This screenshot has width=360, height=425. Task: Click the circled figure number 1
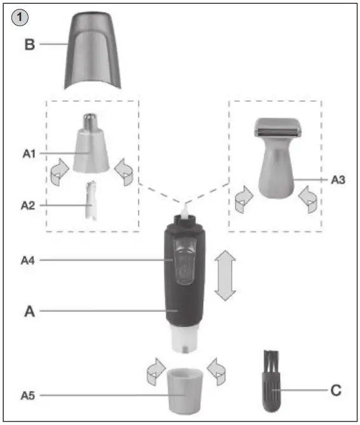[x=19, y=19]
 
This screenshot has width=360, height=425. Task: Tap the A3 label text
[x=338, y=180]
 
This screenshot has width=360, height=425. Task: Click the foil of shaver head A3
[x=277, y=132]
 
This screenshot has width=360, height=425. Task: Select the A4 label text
[x=28, y=260]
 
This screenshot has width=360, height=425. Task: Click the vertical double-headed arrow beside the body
[x=225, y=275]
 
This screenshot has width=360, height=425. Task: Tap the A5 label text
[x=28, y=395]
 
